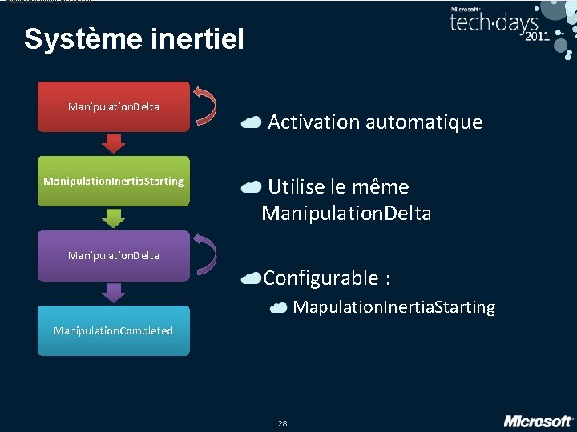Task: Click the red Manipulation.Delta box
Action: [113, 106]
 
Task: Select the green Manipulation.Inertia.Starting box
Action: [113, 182]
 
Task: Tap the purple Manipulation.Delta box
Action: [113, 256]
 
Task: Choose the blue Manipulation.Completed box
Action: [113, 330]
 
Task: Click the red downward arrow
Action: [114, 143]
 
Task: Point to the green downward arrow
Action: [114, 218]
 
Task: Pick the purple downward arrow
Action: [114, 293]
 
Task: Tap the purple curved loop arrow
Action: [207, 255]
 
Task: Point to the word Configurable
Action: [321, 278]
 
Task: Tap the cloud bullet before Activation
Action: [251, 122]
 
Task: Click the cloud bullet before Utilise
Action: [251, 187]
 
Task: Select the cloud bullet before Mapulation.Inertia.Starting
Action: [279, 308]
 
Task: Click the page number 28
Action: [282, 423]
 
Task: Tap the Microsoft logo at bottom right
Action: [538, 421]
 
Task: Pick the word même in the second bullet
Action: [385, 187]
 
